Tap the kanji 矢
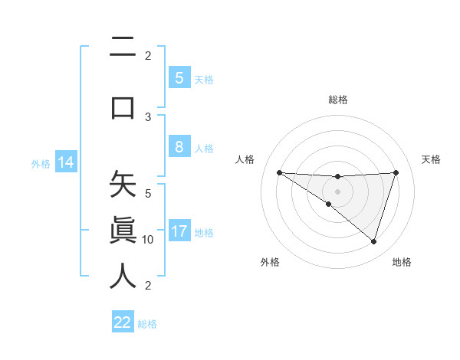123,185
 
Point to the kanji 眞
123,230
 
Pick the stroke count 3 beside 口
148,117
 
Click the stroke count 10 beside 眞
148,239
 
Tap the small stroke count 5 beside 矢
148,193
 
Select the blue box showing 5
179,77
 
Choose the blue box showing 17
179,231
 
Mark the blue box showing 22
123,322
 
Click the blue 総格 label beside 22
147,324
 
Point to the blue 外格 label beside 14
40,164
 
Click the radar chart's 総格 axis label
337,100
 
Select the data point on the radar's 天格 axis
396,172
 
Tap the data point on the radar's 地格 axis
373,241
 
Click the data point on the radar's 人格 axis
279,172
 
